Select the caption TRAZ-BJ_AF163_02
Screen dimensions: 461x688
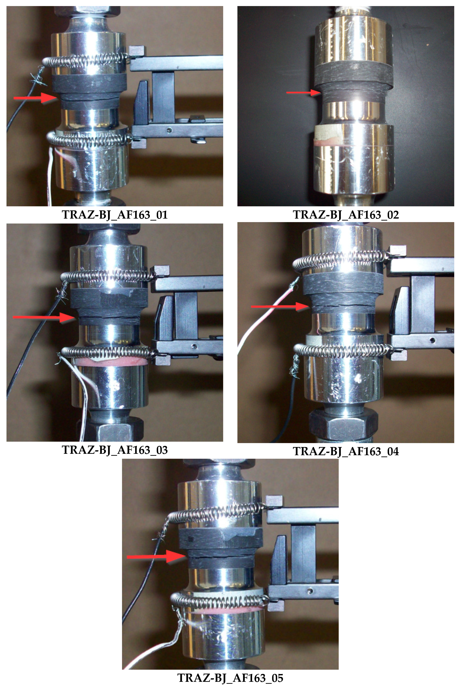(x=346, y=215)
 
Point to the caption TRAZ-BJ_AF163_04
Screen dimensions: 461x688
(x=346, y=451)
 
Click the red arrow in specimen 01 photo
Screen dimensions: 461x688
(x=35, y=98)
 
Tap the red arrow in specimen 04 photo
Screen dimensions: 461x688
(x=279, y=307)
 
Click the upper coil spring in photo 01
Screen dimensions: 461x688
(x=85, y=60)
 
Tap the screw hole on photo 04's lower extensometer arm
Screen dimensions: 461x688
(x=432, y=341)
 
